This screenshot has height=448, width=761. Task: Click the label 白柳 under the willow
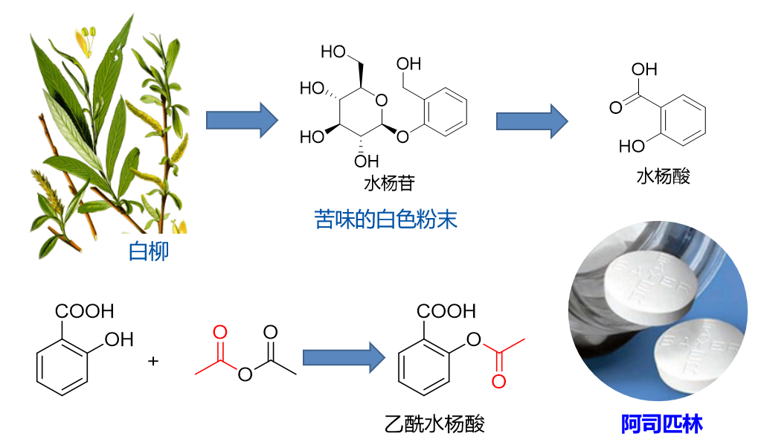(x=149, y=251)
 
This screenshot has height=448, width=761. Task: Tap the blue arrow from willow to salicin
(x=241, y=119)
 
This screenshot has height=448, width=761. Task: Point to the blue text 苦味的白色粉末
(x=385, y=220)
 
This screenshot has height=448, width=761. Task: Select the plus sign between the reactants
(x=154, y=361)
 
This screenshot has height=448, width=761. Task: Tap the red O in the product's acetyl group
(x=498, y=382)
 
